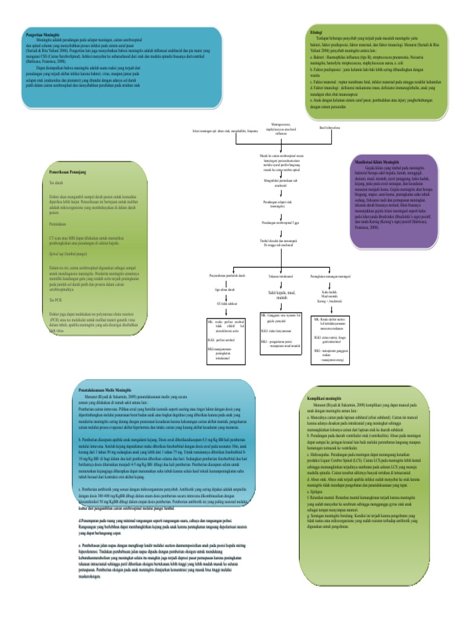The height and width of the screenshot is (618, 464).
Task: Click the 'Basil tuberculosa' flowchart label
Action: [x=330, y=128]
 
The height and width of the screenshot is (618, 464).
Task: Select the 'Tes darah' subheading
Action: [x=56, y=182]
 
